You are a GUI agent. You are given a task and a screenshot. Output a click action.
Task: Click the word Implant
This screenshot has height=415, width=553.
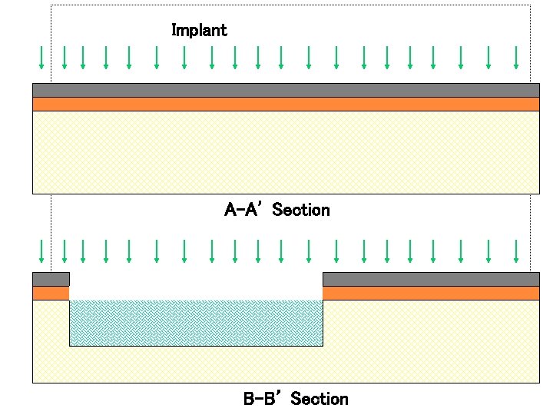(199, 31)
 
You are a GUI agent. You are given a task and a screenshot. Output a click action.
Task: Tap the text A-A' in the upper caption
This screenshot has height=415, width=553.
(244, 210)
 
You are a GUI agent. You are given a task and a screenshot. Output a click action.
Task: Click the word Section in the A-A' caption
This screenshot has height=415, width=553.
(301, 210)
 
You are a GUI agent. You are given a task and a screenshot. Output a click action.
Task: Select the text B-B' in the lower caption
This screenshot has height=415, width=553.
(263, 399)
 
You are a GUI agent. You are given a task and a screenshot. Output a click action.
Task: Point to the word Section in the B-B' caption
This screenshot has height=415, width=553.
(320, 399)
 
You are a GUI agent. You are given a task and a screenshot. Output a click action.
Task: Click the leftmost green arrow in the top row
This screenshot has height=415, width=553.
(41, 57)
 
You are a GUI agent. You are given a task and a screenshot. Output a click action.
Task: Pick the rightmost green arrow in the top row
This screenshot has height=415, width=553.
(516, 57)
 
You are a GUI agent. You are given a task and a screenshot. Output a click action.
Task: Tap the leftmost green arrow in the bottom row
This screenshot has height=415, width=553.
(41, 251)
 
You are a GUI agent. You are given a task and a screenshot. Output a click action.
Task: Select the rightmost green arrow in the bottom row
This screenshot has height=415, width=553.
(516, 251)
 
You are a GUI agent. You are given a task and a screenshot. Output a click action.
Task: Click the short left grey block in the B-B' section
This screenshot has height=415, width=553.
(51, 279)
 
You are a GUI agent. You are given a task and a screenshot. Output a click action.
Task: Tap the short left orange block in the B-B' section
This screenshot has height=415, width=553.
(51, 293)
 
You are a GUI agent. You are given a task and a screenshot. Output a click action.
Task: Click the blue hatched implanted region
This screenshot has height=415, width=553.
(196, 323)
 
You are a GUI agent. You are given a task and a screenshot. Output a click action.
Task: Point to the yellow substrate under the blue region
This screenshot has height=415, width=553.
(196, 364)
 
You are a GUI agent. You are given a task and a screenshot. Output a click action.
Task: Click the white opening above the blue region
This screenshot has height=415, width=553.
(196, 285)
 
